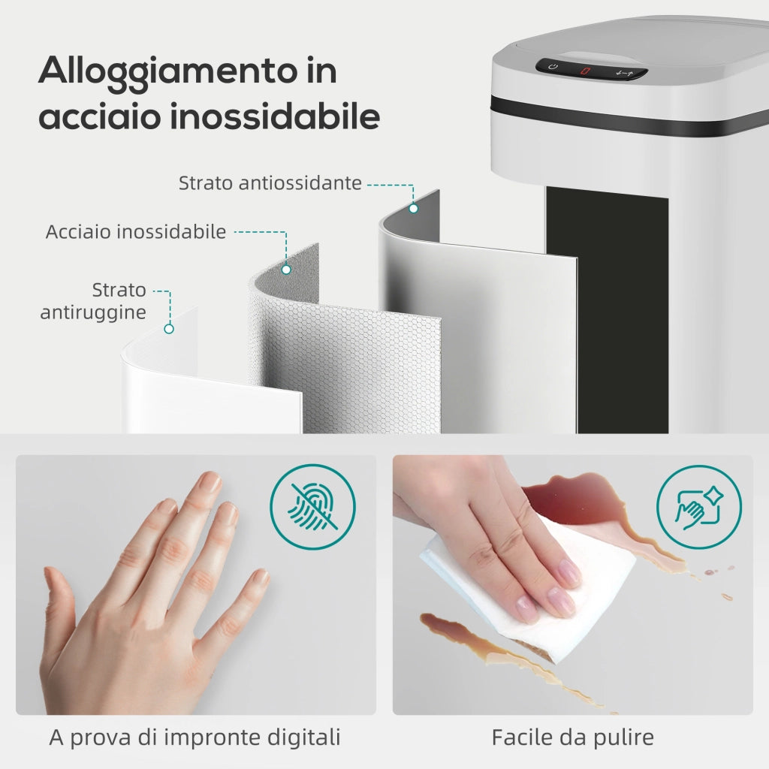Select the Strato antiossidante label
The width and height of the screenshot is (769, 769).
click(270, 183)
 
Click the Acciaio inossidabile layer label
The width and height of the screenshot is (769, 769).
click(136, 231)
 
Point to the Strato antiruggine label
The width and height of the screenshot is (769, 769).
click(93, 300)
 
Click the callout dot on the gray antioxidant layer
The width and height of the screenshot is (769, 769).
click(414, 209)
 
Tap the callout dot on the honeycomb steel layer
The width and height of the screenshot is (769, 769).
click(286, 270)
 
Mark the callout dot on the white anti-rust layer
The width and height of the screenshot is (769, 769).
click(169, 329)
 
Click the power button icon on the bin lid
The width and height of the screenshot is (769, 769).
click(553, 66)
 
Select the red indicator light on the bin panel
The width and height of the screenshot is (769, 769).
click(585, 71)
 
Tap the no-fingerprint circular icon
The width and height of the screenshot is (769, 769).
click(313, 507)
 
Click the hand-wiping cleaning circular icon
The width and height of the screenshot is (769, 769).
click(699, 507)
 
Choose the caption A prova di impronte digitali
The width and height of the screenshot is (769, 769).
click(195, 737)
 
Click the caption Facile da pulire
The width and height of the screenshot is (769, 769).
click(572, 737)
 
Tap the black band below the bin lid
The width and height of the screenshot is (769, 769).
click(628, 116)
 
